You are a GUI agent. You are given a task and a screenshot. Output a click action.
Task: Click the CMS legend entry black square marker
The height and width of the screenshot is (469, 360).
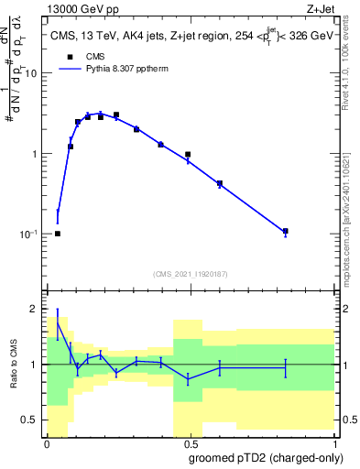(x=64, y=56)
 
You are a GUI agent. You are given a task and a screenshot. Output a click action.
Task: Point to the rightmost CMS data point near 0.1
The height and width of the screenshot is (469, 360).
(x=286, y=231)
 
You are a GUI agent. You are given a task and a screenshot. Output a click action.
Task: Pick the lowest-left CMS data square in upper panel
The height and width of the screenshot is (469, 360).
(x=58, y=234)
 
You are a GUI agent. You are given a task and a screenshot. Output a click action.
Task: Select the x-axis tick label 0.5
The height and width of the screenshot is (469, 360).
(x=190, y=442)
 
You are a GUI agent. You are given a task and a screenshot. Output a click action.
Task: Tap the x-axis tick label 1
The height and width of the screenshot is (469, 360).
(x=333, y=442)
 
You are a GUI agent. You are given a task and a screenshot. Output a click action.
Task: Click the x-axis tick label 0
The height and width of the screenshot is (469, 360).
(x=47, y=442)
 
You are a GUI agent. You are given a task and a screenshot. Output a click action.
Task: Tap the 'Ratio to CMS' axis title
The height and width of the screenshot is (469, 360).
(x=13, y=365)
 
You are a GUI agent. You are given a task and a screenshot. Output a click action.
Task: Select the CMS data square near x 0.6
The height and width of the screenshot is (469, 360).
(x=220, y=184)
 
